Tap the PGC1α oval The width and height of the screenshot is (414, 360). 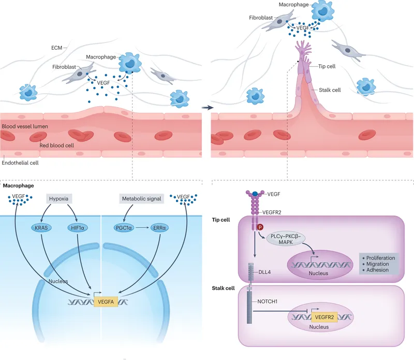click(124, 227)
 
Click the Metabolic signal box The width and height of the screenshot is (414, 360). click(142, 198)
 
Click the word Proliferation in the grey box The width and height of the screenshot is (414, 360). click(383, 257)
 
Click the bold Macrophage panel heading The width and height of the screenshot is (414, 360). click(19, 185)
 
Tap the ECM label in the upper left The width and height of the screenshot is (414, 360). click(57, 48)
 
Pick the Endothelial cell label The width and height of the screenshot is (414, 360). click(20, 162)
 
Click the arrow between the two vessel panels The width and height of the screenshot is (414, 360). click(207, 108)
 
